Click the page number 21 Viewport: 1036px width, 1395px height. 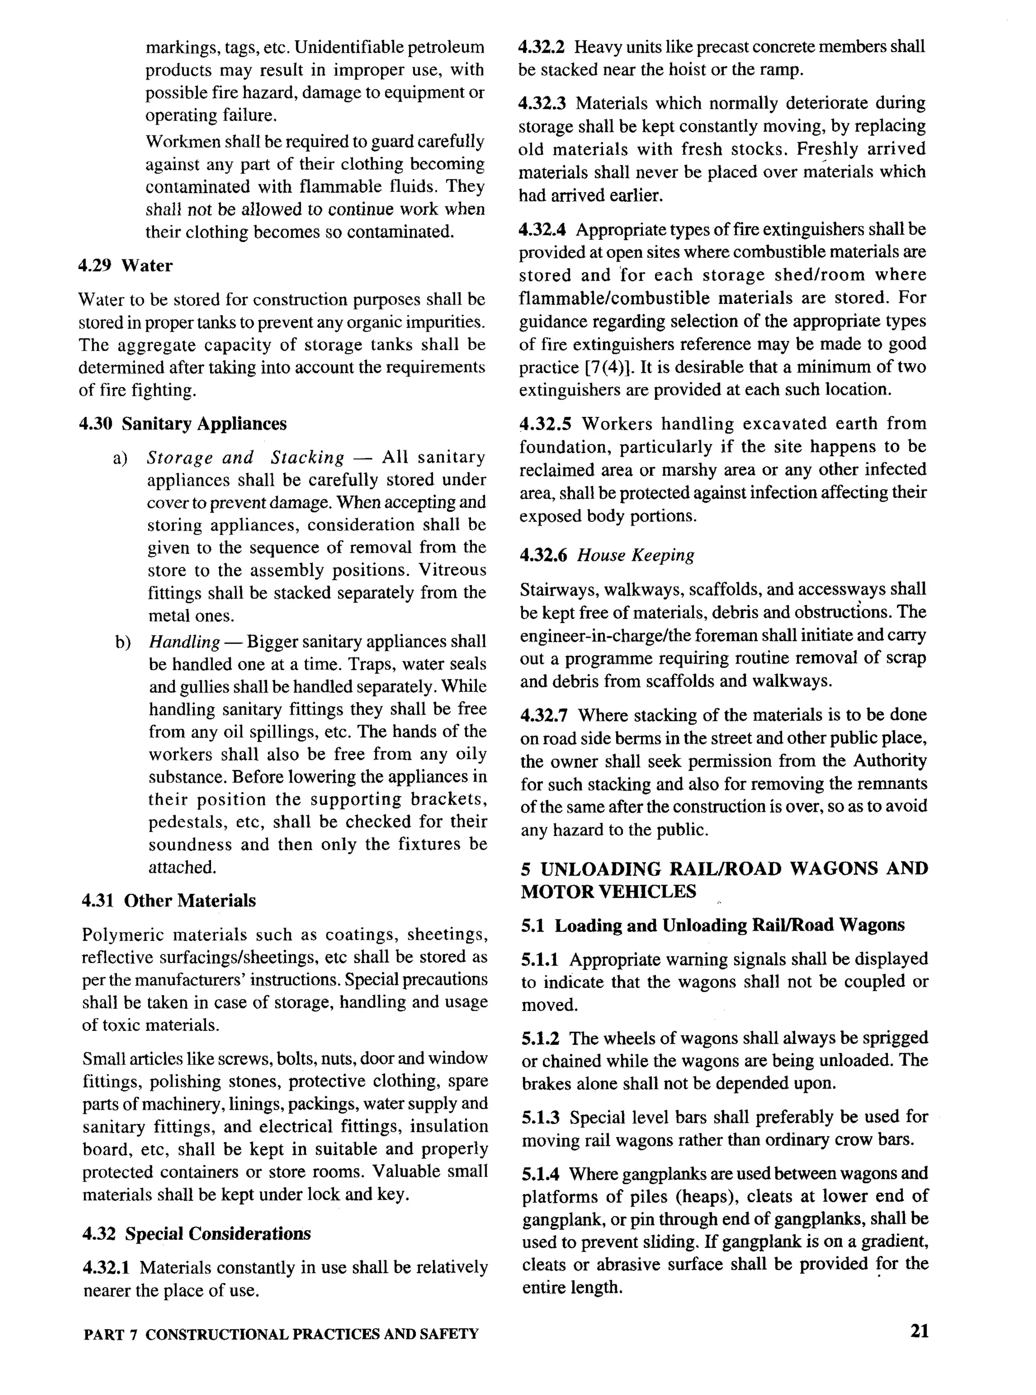(919, 1330)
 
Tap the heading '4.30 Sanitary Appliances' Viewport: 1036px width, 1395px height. (183, 424)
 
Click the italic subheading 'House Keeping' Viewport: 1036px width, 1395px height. (635, 555)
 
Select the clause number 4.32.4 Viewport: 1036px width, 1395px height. (542, 230)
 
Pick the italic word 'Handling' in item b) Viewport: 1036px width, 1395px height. (184, 642)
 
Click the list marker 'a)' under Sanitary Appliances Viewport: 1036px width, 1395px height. (120, 458)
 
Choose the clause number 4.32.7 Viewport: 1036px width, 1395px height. (544, 715)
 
